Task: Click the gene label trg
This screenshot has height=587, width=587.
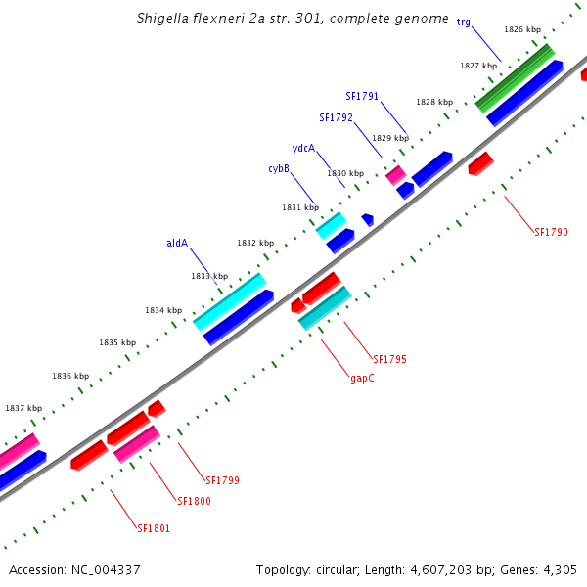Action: click(464, 22)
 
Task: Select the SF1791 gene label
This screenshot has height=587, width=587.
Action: click(362, 96)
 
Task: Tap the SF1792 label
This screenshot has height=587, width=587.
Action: click(336, 117)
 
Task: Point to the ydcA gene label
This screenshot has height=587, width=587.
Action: click(303, 149)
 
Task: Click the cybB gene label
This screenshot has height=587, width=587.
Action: click(279, 169)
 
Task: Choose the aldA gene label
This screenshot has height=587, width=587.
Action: click(177, 243)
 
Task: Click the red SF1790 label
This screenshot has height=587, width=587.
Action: click(551, 232)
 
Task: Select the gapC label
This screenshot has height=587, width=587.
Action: click(362, 378)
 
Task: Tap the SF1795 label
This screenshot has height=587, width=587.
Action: click(389, 359)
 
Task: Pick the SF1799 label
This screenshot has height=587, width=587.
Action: click(223, 480)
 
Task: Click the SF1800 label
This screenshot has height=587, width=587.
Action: click(194, 501)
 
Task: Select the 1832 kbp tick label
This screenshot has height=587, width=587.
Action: click(254, 243)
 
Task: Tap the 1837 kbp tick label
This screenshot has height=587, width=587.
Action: click(23, 408)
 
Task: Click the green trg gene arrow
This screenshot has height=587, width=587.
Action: click(515, 77)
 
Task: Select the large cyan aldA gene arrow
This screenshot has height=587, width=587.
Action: click(229, 302)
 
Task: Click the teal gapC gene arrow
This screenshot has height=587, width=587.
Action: click(324, 307)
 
